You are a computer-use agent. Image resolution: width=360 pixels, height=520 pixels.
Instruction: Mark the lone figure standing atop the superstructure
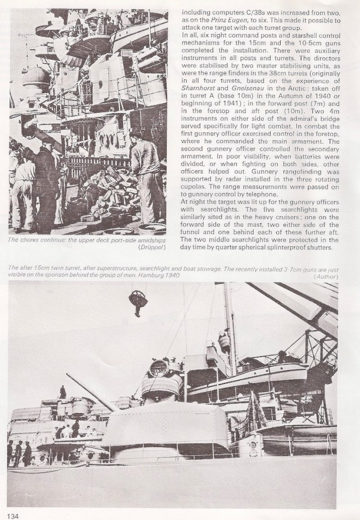pyautogui.click(x=62, y=392)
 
